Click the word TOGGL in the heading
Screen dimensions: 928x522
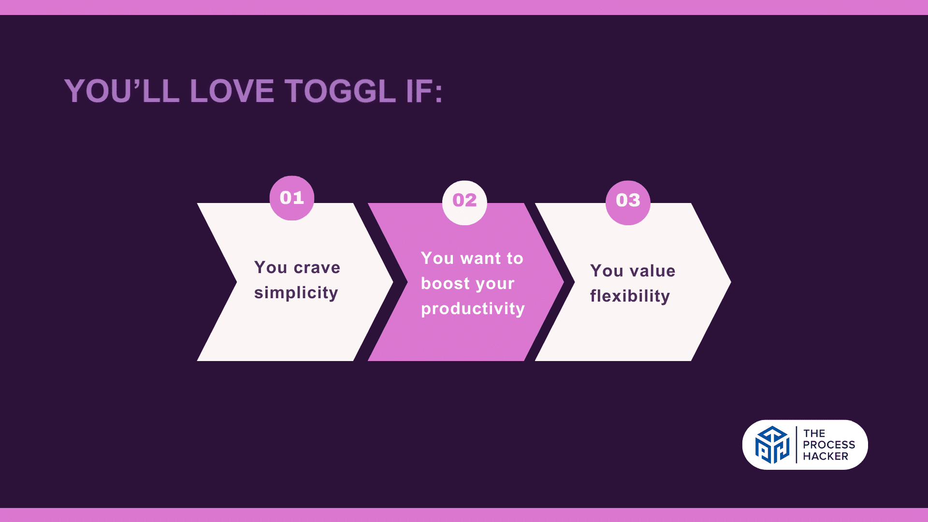[x=340, y=91]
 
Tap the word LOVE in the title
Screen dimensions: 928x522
[x=232, y=91]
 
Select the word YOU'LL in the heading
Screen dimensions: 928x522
[x=122, y=91]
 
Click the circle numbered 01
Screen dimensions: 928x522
[x=292, y=198]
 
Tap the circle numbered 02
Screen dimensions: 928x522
[x=464, y=203]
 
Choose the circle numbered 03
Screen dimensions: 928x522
[x=628, y=203]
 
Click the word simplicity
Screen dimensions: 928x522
[x=296, y=293]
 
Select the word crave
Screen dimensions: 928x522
[x=317, y=268]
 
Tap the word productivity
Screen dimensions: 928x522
[x=473, y=309]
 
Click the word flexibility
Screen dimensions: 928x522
[x=630, y=296]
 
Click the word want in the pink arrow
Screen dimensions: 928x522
[x=481, y=259]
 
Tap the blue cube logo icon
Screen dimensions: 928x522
[x=772, y=445]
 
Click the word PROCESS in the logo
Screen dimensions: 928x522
[x=829, y=445]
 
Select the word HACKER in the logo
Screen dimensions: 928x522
[x=826, y=456]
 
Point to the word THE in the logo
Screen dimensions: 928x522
[x=814, y=434]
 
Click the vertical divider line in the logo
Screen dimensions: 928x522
[x=796, y=445]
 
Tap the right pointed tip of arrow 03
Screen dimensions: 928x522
[x=731, y=282]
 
